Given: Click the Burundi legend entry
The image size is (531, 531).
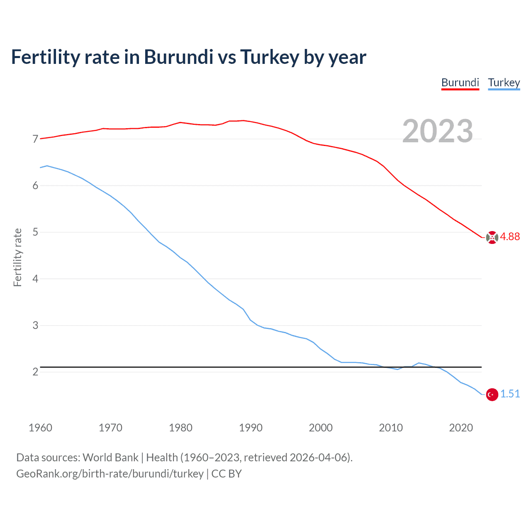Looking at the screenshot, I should pos(460,83).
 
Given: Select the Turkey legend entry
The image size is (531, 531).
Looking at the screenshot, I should pos(504,83).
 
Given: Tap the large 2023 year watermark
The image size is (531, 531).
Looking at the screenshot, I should pos(437,131).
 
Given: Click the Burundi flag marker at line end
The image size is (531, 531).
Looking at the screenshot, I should pos(492,237).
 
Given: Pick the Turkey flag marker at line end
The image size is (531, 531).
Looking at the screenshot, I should pos(492,395).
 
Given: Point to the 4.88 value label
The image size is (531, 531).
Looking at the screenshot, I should pos(510,236).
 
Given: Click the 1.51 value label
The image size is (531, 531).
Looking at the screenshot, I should pos(510,394).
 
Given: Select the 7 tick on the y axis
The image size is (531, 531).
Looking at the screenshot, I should pos(35,139).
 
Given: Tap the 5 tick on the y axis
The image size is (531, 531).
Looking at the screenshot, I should pos(35,232).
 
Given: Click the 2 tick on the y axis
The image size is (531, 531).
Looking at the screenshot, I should pos(35,372).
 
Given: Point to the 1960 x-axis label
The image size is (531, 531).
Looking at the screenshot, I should pos(40,428).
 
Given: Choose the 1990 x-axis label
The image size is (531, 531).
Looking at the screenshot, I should pos(251,428).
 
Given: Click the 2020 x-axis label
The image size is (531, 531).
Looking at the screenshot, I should pos(461,428).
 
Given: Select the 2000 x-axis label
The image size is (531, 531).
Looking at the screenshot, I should pos(321,428).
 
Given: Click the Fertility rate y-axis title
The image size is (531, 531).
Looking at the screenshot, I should pos(17,257).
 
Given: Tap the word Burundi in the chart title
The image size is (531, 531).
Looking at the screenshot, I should pos(178,57).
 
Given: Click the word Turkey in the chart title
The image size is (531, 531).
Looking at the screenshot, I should pos(269,57).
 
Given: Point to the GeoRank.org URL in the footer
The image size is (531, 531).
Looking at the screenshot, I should pos(110,474).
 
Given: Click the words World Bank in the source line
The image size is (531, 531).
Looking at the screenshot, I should pos(110,458).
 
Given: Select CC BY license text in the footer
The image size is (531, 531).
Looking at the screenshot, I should pos(227,474).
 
